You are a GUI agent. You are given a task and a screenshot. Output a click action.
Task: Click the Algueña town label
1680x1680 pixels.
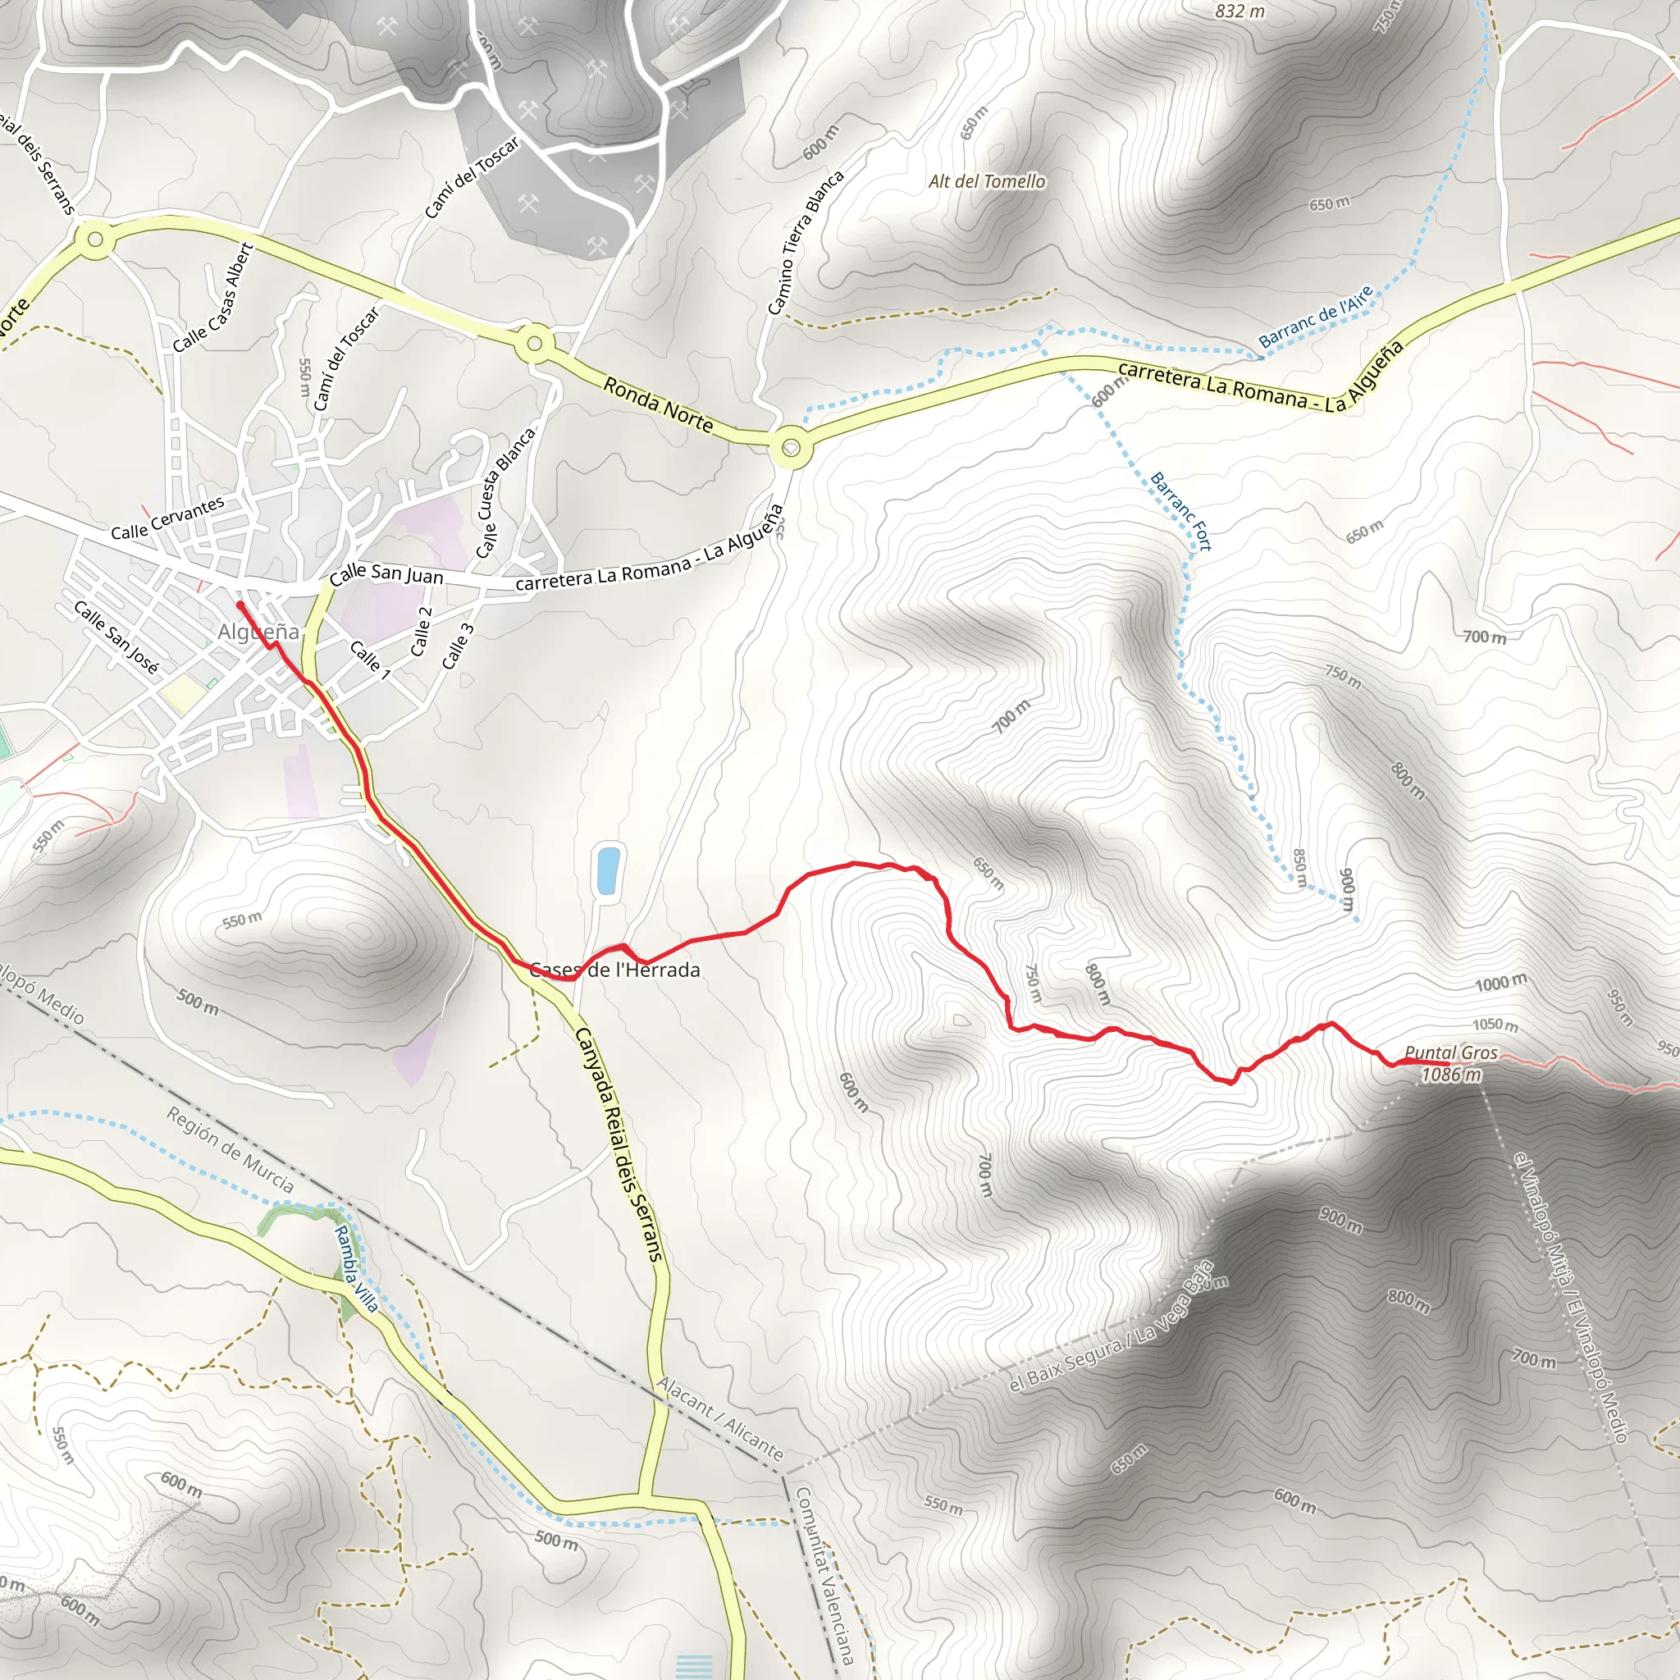(258, 632)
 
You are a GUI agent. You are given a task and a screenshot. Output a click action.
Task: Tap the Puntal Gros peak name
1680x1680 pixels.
(1450, 1053)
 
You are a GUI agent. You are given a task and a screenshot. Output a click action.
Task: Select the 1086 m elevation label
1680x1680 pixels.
(1450, 1075)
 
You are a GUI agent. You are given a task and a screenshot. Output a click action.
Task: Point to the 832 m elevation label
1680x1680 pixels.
(1239, 11)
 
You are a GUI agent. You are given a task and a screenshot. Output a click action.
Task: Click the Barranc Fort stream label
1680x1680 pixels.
(1181, 511)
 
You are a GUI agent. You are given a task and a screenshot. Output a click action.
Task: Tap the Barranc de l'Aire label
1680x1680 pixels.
(1316, 317)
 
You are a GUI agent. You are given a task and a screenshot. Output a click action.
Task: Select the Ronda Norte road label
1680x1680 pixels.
(658, 405)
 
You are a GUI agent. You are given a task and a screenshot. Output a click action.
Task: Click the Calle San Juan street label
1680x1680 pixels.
(386, 574)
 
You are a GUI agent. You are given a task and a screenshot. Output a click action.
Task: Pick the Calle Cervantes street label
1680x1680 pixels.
(167, 518)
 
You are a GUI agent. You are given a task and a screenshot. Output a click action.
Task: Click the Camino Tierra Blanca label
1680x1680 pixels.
(806, 243)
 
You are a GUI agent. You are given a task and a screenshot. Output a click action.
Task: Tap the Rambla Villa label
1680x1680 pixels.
(357, 1269)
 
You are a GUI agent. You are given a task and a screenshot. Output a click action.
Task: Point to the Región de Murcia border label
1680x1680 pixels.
(231, 1149)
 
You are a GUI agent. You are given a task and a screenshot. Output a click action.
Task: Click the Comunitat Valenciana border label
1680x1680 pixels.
(824, 1575)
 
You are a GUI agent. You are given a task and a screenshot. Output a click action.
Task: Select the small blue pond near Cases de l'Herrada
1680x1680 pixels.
(608, 870)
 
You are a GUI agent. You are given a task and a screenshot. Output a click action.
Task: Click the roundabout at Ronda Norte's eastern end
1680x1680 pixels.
(791, 449)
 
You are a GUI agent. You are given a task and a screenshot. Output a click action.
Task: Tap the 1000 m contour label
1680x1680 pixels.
(1500, 984)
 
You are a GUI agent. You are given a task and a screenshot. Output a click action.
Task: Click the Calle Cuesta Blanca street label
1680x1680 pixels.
(505, 493)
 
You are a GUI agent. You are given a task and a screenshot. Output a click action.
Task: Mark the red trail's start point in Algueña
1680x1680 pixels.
(240, 605)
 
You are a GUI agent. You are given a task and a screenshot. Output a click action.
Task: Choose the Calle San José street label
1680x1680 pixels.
(116, 637)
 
